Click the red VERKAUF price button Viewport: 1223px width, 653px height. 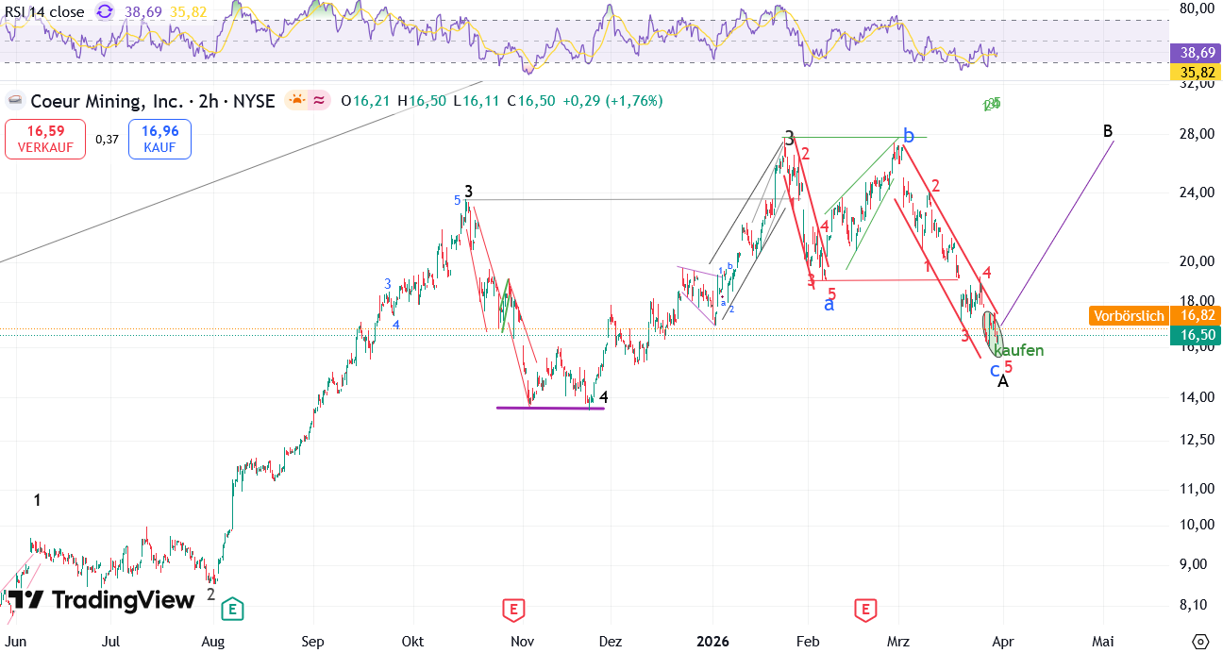44,139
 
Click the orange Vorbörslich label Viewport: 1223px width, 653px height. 1129,316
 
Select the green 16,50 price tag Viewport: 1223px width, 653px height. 1194,335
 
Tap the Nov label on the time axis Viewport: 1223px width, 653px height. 522,642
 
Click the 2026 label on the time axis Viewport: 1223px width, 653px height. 713,642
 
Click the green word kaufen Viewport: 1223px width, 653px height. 1019,351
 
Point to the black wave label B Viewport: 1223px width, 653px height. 1108,131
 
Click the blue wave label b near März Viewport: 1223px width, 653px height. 908,137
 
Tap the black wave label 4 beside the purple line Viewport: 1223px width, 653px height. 604,397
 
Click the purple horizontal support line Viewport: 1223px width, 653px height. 550,408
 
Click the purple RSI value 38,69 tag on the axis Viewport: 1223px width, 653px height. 1194,54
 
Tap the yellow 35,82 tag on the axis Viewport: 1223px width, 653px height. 1194,73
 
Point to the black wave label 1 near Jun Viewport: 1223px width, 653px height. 37,501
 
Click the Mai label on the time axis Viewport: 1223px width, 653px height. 1101,642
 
